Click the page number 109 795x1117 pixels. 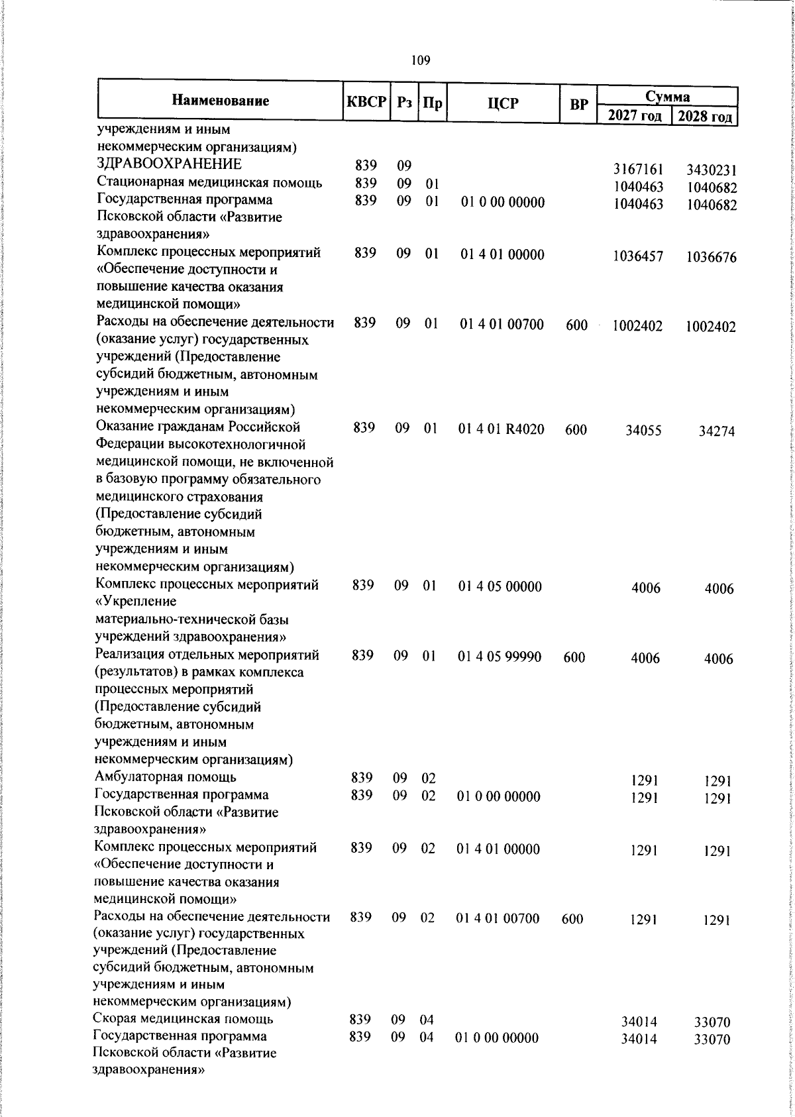pyautogui.click(x=420, y=61)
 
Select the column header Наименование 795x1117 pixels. pyautogui.click(x=221, y=101)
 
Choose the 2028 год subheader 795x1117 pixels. pyautogui.click(x=705, y=117)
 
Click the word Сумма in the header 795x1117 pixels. pyautogui.click(x=668, y=97)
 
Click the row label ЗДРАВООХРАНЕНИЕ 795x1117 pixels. pyautogui.click(x=169, y=164)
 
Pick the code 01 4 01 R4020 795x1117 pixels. pyautogui.click(x=501, y=429)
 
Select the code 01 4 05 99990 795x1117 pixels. pyautogui.click(x=500, y=657)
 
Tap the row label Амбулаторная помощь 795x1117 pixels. pyautogui.click(x=166, y=777)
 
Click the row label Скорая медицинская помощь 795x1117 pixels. pyautogui.click(x=183, y=1037)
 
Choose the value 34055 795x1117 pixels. pyautogui.click(x=643, y=431)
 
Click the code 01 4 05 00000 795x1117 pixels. pyautogui.click(x=500, y=586)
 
